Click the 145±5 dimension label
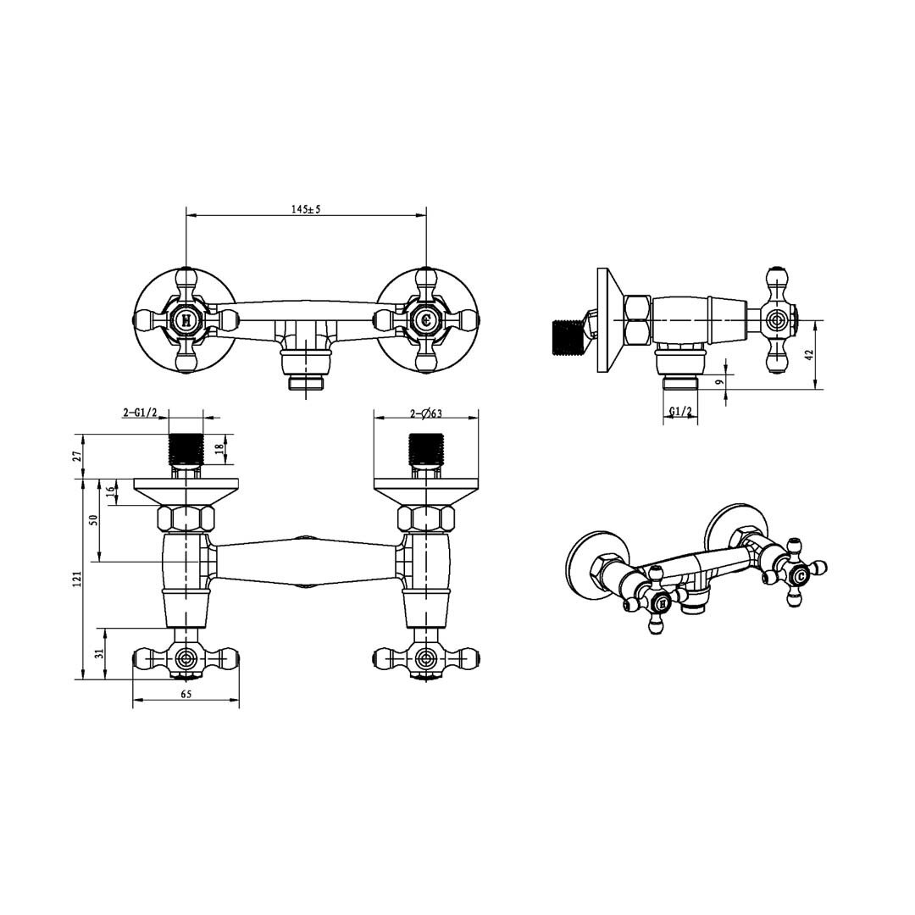pos(307,209)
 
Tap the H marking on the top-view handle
pos(186,319)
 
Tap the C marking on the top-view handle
pos(426,319)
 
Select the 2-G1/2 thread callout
pos(140,413)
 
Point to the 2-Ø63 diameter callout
pos(426,413)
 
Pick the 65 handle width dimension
pos(186,694)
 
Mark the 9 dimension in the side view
pos(720,382)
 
